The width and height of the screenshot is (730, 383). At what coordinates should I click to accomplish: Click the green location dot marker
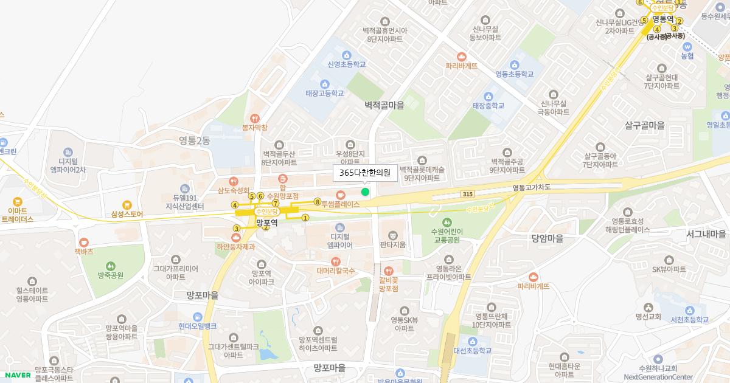point(365,192)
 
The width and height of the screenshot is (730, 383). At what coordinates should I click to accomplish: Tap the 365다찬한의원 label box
point(365,173)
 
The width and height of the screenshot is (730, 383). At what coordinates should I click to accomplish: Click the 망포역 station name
point(266,223)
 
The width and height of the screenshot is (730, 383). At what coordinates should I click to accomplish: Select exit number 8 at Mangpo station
point(317,201)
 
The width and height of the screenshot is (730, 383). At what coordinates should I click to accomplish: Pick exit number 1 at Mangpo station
point(305,218)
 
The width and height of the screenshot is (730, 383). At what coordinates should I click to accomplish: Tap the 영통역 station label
point(664,19)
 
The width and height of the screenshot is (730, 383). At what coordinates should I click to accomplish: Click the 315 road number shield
point(467,194)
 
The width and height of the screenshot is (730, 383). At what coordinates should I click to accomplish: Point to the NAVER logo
point(16,375)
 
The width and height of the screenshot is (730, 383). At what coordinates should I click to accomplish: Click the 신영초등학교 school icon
point(346,55)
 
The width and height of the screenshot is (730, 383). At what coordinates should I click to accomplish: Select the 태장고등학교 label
point(325,94)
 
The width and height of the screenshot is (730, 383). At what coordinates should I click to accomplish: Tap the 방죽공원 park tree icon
point(111,266)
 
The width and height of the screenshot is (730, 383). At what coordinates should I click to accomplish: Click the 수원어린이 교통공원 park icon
point(447,222)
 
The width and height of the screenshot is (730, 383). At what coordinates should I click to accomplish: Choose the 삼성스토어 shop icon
point(127,205)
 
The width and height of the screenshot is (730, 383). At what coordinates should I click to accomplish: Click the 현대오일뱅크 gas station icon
point(197,317)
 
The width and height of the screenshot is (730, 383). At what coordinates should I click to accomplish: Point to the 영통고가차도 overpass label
point(531,188)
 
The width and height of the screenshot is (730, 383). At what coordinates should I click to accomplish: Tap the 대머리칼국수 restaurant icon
point(335,261)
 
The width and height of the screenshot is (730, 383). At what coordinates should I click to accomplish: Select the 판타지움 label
point(392,245)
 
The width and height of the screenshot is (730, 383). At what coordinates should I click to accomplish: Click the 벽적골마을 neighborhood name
point(384,105)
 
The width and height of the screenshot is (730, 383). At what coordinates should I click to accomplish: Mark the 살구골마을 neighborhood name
point(645,125)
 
